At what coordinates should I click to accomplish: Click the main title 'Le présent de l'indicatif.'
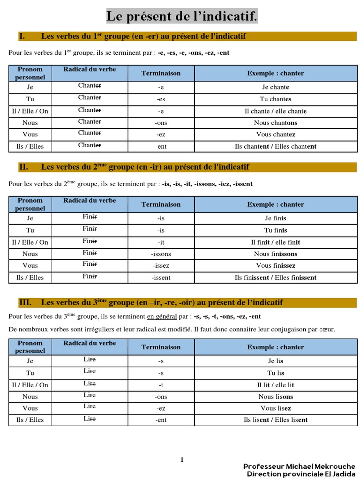pos(182,16)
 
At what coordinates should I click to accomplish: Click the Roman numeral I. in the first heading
pos(22,36)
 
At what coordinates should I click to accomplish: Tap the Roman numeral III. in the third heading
pos(25,302)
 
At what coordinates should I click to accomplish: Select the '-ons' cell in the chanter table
pos(161,123)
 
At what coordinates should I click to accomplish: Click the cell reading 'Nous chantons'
pos(276,123)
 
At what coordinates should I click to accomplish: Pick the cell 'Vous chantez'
pos(276,135)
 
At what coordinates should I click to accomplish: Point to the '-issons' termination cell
pos(161,254)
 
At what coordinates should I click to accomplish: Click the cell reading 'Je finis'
pos(276,218)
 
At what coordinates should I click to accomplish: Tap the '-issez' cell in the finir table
pos(161,266)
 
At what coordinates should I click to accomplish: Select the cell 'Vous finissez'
pos(276,266)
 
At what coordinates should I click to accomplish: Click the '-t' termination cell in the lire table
pos(161,385)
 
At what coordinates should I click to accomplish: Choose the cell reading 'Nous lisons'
pos(276,397)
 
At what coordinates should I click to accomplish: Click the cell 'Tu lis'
pos(276,373)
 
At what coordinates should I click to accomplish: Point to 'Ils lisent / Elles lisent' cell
pos(276,420)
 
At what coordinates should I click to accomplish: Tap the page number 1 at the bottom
pos(182,460)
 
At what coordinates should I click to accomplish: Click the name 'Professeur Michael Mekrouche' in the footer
pos(299,466)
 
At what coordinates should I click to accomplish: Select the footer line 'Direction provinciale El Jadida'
pos(301,474)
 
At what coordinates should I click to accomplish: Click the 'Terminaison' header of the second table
pos(161,204)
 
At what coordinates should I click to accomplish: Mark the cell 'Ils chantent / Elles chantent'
pos(276,146)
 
